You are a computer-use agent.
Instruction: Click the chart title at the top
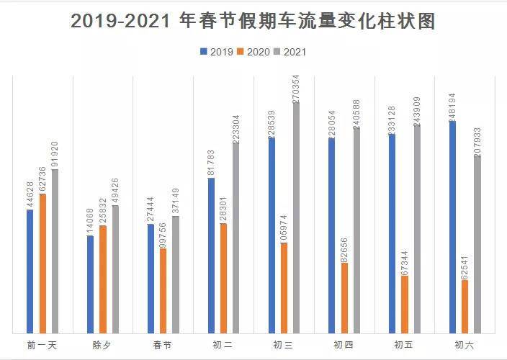(253, 21)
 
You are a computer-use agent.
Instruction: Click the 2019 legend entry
(217, 52)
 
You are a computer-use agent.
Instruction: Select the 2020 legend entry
(255, 52)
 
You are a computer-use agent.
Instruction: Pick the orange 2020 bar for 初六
(465, 307)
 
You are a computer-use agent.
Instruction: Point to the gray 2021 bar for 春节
(175, 274)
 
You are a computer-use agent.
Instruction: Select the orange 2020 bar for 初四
(344, 298)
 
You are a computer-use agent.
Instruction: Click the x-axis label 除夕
(102, 345)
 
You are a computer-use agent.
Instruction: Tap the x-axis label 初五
(404, 345)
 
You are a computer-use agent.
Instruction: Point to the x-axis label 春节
(163, 345)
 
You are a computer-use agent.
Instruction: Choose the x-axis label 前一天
(42, 345)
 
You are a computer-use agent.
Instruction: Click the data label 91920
(55, 153)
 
